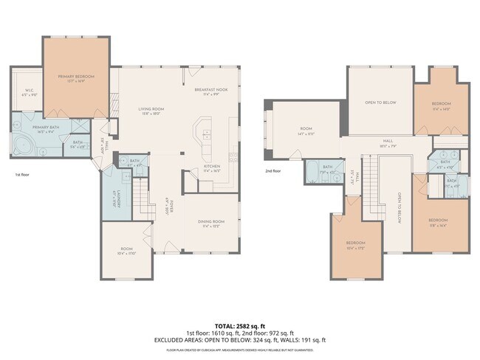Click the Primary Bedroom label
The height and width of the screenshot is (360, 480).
tap(77, 77)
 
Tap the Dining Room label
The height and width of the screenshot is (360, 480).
tap(211, 224)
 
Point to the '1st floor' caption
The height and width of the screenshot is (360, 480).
tap(23, 175)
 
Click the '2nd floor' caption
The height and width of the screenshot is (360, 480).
tap(274, 170)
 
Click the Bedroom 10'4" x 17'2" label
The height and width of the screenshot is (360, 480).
tap(356, 245)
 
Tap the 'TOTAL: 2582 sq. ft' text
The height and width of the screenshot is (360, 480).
tap(239, 325)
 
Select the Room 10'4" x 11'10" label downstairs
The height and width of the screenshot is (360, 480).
tap(126, 252)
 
